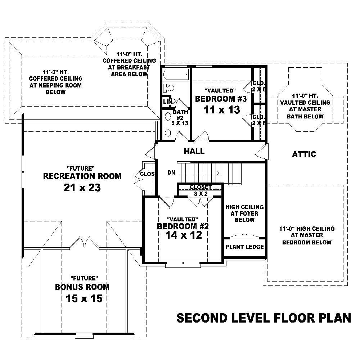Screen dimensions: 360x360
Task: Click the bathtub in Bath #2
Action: (175, 75)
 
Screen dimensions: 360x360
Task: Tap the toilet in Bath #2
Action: (170, 88)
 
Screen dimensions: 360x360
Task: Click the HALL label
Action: (194, 152)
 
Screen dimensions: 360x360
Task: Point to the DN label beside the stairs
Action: (171, 173)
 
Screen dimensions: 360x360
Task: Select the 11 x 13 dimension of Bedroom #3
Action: (222, 110)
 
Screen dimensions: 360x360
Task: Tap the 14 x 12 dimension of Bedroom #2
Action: (184, 235)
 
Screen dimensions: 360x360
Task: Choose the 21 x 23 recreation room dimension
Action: (82, 188)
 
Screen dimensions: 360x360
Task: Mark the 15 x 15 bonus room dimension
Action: (84, 298)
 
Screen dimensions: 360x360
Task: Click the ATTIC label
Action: (304, 154)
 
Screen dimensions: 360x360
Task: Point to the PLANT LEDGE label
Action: (245, 247)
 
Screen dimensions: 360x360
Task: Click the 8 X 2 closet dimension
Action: (201, 193)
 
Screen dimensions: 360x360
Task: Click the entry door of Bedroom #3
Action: (202, 138)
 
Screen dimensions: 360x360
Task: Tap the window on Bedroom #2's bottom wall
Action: (183, 266)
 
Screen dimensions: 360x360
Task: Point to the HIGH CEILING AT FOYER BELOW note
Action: (244, 213)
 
